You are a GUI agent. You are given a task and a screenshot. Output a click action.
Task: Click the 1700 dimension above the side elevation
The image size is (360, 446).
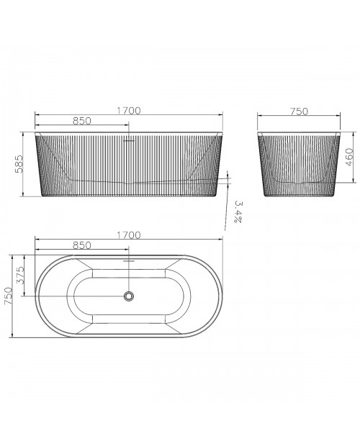(129, 110)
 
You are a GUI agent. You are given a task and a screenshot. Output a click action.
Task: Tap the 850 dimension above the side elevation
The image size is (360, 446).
(82, 121)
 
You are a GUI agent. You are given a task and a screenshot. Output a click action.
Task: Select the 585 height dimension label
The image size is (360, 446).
(19, 164)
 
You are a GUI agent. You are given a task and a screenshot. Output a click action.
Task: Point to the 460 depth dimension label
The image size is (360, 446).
(349, 157)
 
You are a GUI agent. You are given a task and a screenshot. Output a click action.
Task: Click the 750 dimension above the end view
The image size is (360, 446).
(299, 111)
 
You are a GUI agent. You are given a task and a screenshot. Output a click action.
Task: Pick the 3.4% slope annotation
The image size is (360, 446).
(238, 212)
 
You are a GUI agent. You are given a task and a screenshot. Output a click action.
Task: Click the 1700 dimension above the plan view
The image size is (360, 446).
(129, 235)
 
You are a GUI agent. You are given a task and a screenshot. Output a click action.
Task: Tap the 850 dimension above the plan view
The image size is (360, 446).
(82, 245)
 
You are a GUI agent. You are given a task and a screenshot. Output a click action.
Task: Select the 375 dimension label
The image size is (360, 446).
(20, 276)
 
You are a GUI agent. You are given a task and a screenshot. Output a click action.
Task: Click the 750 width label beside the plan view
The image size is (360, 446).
(8, 296)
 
